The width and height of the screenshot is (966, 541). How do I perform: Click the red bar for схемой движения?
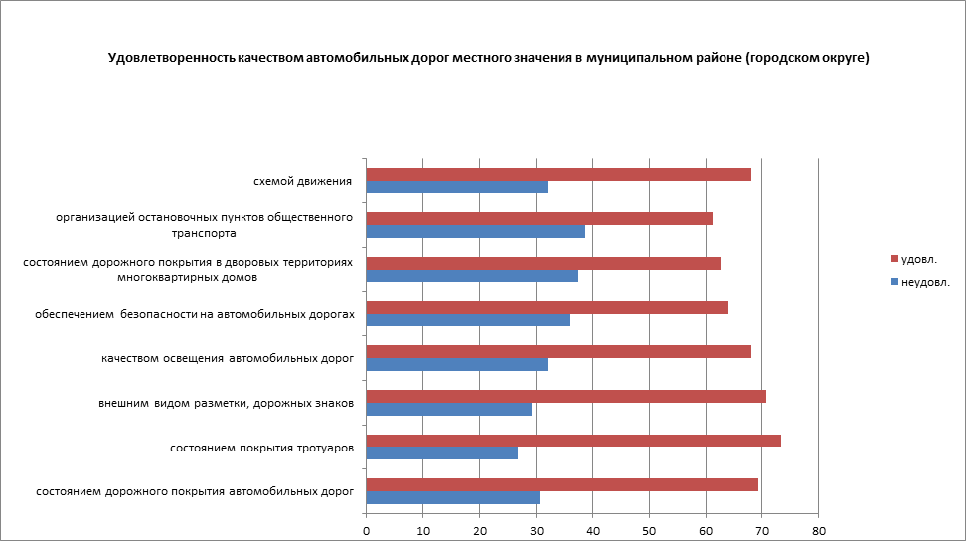coord(559,174)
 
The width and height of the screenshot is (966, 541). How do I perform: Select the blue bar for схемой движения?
coord(457,187)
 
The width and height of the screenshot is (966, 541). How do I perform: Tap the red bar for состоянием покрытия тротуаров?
coord(573,441)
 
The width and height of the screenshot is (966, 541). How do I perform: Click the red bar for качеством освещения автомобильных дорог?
coord(559,351)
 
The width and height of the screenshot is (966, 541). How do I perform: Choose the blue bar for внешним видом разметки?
coord(449,409)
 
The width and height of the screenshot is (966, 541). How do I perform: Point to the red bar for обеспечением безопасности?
coord(548,307)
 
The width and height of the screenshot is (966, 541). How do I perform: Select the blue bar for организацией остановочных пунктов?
coord(476,231)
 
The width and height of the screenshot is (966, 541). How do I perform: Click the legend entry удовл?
coord(913,259)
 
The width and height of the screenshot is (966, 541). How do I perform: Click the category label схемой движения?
coord(303,181)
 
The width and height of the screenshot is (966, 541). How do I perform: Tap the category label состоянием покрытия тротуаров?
coord(262,448)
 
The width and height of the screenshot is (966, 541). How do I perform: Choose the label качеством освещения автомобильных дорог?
coord(228,358)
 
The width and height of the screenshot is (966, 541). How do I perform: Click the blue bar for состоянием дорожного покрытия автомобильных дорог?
coord(453,497)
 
